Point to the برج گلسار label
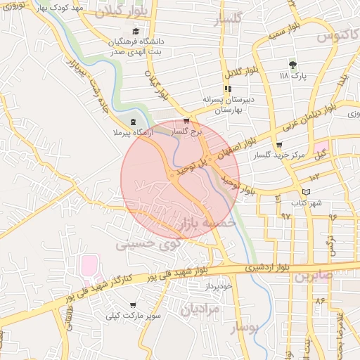(x=186, y=131)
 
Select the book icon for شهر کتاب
(x=304, y=192)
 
